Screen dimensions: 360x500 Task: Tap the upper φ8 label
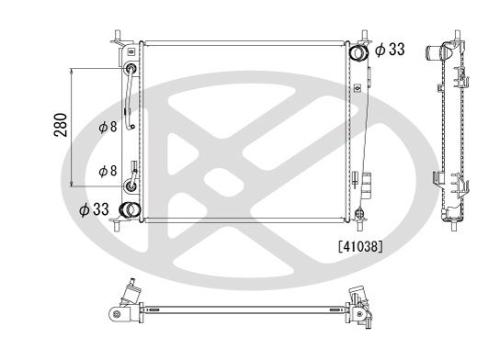tap(108, 128)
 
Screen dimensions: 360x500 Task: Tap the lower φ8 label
tap(108, 170)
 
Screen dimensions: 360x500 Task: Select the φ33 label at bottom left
tap(96, 211)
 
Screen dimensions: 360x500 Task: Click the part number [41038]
tap(360, 245)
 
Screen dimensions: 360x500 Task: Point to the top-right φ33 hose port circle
tap(358, 52)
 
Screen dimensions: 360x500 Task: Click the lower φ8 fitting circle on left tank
tap(131, 186)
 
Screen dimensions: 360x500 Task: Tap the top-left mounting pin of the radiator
tap(118, 39)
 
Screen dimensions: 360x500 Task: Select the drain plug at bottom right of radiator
tap(358, 217)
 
